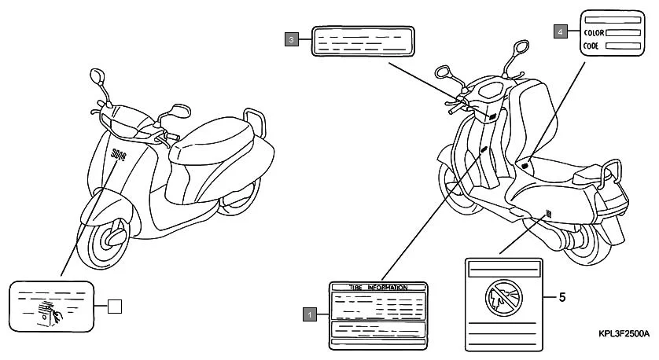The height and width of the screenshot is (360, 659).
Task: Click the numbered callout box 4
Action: click(x=560, y=31)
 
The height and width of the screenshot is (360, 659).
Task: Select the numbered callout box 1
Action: click(x=311, y=314)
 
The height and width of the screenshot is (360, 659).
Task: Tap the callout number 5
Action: click(x=561, y=298)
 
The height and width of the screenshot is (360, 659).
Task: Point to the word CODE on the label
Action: click(x=591, y=46)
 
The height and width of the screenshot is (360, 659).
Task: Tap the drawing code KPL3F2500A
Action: click(x=624, y=334)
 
